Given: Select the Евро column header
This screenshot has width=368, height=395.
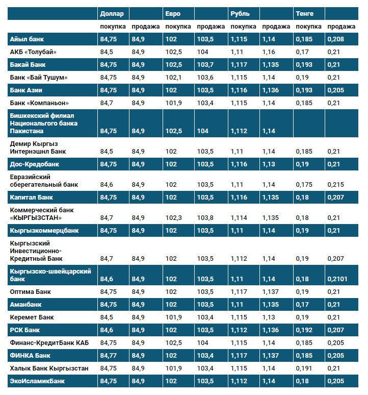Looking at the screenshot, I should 173,14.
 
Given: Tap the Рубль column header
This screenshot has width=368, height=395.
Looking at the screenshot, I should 240,14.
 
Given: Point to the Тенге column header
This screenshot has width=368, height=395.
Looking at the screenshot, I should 305,14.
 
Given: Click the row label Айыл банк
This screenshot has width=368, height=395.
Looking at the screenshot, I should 27,39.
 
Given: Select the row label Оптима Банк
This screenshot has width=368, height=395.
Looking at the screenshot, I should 31,292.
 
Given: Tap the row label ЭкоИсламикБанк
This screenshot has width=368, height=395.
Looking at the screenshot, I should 38,381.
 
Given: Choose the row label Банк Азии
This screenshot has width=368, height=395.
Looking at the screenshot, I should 26,90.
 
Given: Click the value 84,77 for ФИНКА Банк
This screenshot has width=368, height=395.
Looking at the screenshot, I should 109,355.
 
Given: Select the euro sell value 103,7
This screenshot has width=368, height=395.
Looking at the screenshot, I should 205,65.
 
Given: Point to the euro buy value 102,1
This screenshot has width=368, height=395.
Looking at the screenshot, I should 174,78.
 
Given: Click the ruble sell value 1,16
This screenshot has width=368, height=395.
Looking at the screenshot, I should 269,52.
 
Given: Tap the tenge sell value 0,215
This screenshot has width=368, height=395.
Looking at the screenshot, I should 335,185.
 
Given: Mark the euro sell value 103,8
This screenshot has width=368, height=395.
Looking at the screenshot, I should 205,218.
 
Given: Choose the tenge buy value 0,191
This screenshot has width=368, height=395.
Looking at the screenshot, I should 304,368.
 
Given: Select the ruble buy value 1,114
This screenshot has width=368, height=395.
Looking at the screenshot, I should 240,218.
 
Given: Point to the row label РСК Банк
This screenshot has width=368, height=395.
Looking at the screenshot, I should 25,330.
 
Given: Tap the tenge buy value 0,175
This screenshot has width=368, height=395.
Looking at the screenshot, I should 304,185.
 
